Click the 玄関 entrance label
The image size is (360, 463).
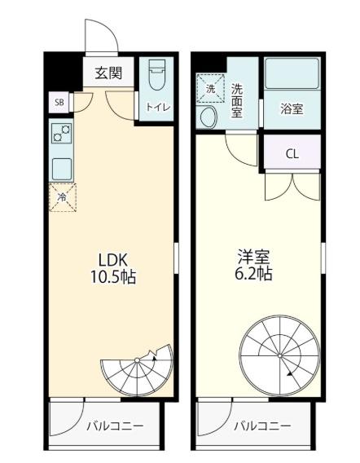tap(108, 73)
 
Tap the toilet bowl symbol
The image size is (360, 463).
tap(156, 75)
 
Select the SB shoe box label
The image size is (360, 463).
tap(59, 103)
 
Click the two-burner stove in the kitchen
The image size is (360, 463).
tap(62, 133)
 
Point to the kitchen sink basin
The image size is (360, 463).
tap(62, 169)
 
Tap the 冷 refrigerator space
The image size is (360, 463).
tap(63, 197)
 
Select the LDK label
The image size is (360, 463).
tap(112, 260)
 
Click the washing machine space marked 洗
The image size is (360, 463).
tap(211, 89)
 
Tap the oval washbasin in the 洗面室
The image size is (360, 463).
tap(209, 117)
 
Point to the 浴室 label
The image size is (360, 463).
tap(292, 109)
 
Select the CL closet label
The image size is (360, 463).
tap(292, 154)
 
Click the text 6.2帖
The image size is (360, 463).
tap(253, 273)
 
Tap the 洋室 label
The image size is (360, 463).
tap(254, 258)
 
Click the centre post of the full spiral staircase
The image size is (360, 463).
tap(279, 355)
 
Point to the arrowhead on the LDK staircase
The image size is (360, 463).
tap(154, 359)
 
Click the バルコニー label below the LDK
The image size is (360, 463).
tap(115, 426)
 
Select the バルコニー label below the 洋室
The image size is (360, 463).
tap(262, 426)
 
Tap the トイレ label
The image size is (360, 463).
tap(159, 107)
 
